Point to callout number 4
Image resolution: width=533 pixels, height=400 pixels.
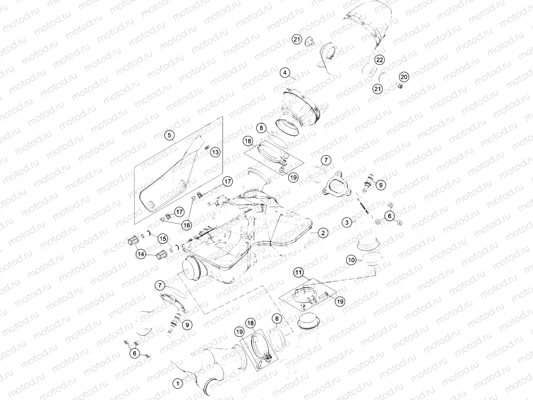point(284,73)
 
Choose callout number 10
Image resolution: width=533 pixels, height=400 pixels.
point(351,260)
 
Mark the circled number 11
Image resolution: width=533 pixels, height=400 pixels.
point(299,271)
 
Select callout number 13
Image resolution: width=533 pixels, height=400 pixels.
point(215,152)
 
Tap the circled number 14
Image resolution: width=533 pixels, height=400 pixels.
point(141,254)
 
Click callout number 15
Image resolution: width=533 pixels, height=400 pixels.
point(162,239)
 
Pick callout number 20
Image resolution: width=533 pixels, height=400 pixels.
point(404,77)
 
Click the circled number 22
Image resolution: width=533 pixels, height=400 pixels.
point(379,60)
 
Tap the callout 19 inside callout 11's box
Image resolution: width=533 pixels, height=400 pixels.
point(340,301)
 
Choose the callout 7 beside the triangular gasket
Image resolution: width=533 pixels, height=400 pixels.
point(326,160)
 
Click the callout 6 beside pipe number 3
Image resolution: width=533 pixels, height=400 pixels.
point(390,216)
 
